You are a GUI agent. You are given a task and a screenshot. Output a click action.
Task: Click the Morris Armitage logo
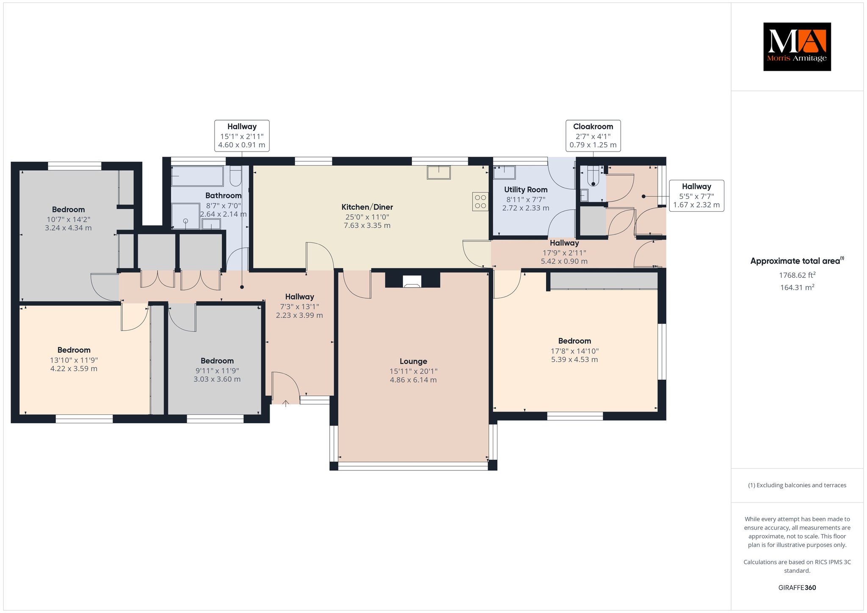(797, 47)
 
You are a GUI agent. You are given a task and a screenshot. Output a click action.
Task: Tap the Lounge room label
(413, 361)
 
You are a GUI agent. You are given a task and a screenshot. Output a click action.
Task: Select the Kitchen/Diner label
(367, 207)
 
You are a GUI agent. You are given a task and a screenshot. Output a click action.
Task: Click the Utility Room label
(526, 190)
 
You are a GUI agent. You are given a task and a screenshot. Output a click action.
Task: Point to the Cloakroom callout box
(593, 136)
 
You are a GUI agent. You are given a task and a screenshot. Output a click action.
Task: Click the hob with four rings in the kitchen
(480, 201)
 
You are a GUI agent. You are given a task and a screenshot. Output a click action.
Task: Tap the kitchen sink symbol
(439, 173)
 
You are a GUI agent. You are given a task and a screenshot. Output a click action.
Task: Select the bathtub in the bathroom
(197, 176)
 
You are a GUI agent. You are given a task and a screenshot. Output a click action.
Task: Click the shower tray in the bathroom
(185, 216)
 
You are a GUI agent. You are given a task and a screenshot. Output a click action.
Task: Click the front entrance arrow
(286, 403)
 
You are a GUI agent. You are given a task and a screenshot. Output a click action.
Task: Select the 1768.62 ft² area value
(797, 275)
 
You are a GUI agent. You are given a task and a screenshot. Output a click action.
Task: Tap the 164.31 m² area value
(797, 287)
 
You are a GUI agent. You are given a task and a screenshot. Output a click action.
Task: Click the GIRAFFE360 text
(797, 588)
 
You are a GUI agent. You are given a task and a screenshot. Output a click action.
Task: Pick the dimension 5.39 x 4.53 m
(574, 359)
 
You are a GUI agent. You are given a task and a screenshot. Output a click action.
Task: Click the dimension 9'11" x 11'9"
(217, 370)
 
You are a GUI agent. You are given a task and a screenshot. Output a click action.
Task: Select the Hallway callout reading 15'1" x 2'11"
(242, 136)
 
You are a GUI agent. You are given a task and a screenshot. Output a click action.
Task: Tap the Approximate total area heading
(797, 261)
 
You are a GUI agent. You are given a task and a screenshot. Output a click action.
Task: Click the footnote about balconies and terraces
(797, 485)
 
